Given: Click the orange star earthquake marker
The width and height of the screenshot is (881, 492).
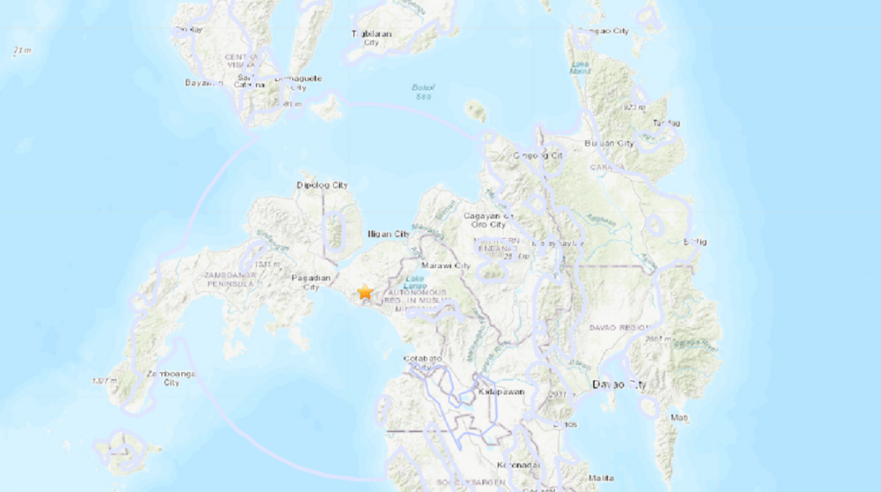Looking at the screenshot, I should tap(365, 292).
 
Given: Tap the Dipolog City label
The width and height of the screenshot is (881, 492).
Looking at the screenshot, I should tap(322, 185).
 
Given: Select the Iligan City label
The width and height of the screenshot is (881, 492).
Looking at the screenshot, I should tap(388, 235).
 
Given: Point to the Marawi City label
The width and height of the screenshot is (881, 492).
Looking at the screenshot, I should tap(445, 266).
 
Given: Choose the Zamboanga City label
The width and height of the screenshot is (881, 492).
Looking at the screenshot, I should tap(161, 378).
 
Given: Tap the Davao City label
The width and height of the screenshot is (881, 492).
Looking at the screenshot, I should tap(619, 384).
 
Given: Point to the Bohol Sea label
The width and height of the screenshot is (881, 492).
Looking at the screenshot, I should tap(423, 92).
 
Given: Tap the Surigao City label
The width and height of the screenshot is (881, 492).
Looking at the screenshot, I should tap(603, 31).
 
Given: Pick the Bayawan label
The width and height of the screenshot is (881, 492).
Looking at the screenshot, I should tap(204, 83).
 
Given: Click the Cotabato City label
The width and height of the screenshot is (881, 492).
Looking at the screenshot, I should tap(423, 363).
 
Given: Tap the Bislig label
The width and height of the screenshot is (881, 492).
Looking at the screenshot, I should tap(695, 242).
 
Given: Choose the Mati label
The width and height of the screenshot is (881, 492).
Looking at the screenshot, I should tap(679, 418).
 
